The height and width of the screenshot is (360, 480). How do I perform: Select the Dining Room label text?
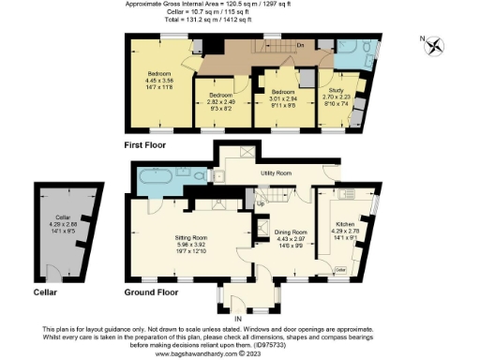(290, 232)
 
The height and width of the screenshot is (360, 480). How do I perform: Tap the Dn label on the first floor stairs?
(299, 45)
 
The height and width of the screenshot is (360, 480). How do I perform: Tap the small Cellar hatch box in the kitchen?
(341, 269)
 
